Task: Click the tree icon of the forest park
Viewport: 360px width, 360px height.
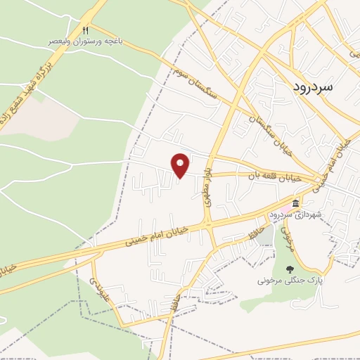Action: pos(289,269)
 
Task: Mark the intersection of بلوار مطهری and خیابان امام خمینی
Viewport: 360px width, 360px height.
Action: pos(210,224)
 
